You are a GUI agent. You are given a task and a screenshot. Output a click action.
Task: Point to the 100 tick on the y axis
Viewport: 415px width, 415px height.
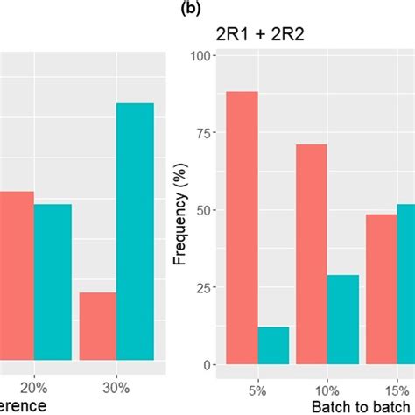(x=202, y=56)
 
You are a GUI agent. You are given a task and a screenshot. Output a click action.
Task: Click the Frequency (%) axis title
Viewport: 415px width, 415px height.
(x=180, y=211)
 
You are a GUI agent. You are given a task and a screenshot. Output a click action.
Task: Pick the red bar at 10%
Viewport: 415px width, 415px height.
(x=312, y=255)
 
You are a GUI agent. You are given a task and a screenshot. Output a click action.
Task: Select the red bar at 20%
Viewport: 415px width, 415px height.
(x=17, y=275)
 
